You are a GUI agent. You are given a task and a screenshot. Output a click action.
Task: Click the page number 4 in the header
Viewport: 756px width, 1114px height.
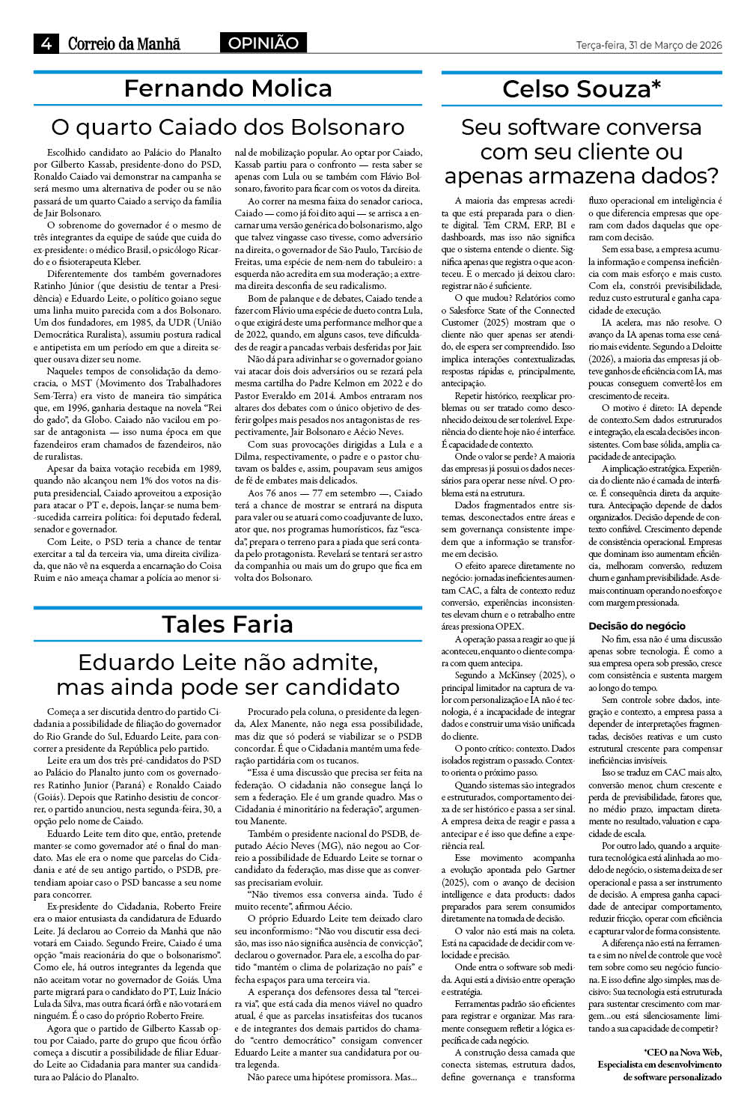tap(46, 43)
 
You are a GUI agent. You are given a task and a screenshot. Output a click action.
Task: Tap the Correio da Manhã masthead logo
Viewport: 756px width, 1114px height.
tap(124, 43)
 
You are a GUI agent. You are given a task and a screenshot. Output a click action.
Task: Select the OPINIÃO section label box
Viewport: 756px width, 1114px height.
tap(263, 43)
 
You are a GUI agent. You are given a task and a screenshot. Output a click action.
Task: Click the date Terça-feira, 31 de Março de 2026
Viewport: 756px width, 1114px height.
tap(649, 45)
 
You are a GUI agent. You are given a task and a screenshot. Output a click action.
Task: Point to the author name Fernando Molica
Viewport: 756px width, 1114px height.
tap(228, 88)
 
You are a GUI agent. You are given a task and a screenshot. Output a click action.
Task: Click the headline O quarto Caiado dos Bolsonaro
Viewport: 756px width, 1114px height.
tap(228, 127)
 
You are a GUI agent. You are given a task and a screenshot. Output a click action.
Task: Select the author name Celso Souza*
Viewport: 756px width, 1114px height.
tap(582, 89)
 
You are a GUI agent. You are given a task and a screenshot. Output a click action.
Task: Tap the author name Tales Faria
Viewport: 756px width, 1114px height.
tap(228, 624)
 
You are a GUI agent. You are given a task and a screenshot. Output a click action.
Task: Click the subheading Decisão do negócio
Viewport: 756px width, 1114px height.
tap(626, 626)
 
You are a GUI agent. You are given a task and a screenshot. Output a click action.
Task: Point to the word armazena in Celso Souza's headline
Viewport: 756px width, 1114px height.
tap(582, 176)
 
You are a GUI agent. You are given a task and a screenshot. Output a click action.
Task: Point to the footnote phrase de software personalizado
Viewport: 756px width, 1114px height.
tap(672, 1077)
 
